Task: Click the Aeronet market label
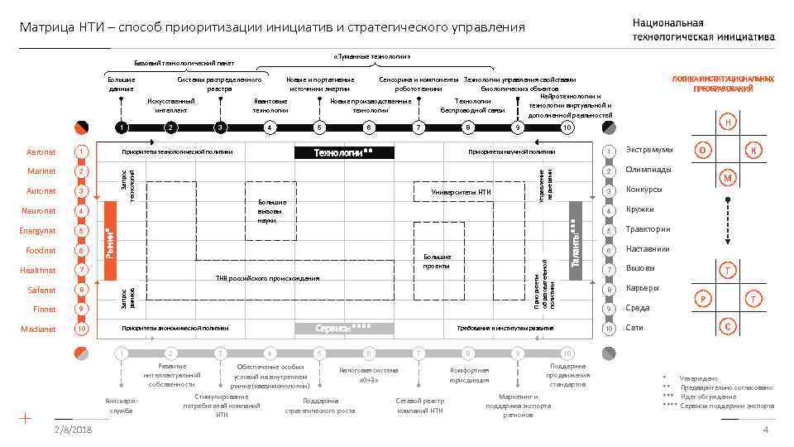[x=41, y=152]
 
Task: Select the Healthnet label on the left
[x=38, y=271]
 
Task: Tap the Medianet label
[x=39, y=329]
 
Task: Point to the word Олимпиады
[x=648, y=170]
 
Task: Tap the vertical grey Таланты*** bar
[x=574, y=242]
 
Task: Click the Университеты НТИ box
[x=462, y=192]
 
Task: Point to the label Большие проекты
[x=436, y=262]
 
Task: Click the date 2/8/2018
[x=73, y=430]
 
